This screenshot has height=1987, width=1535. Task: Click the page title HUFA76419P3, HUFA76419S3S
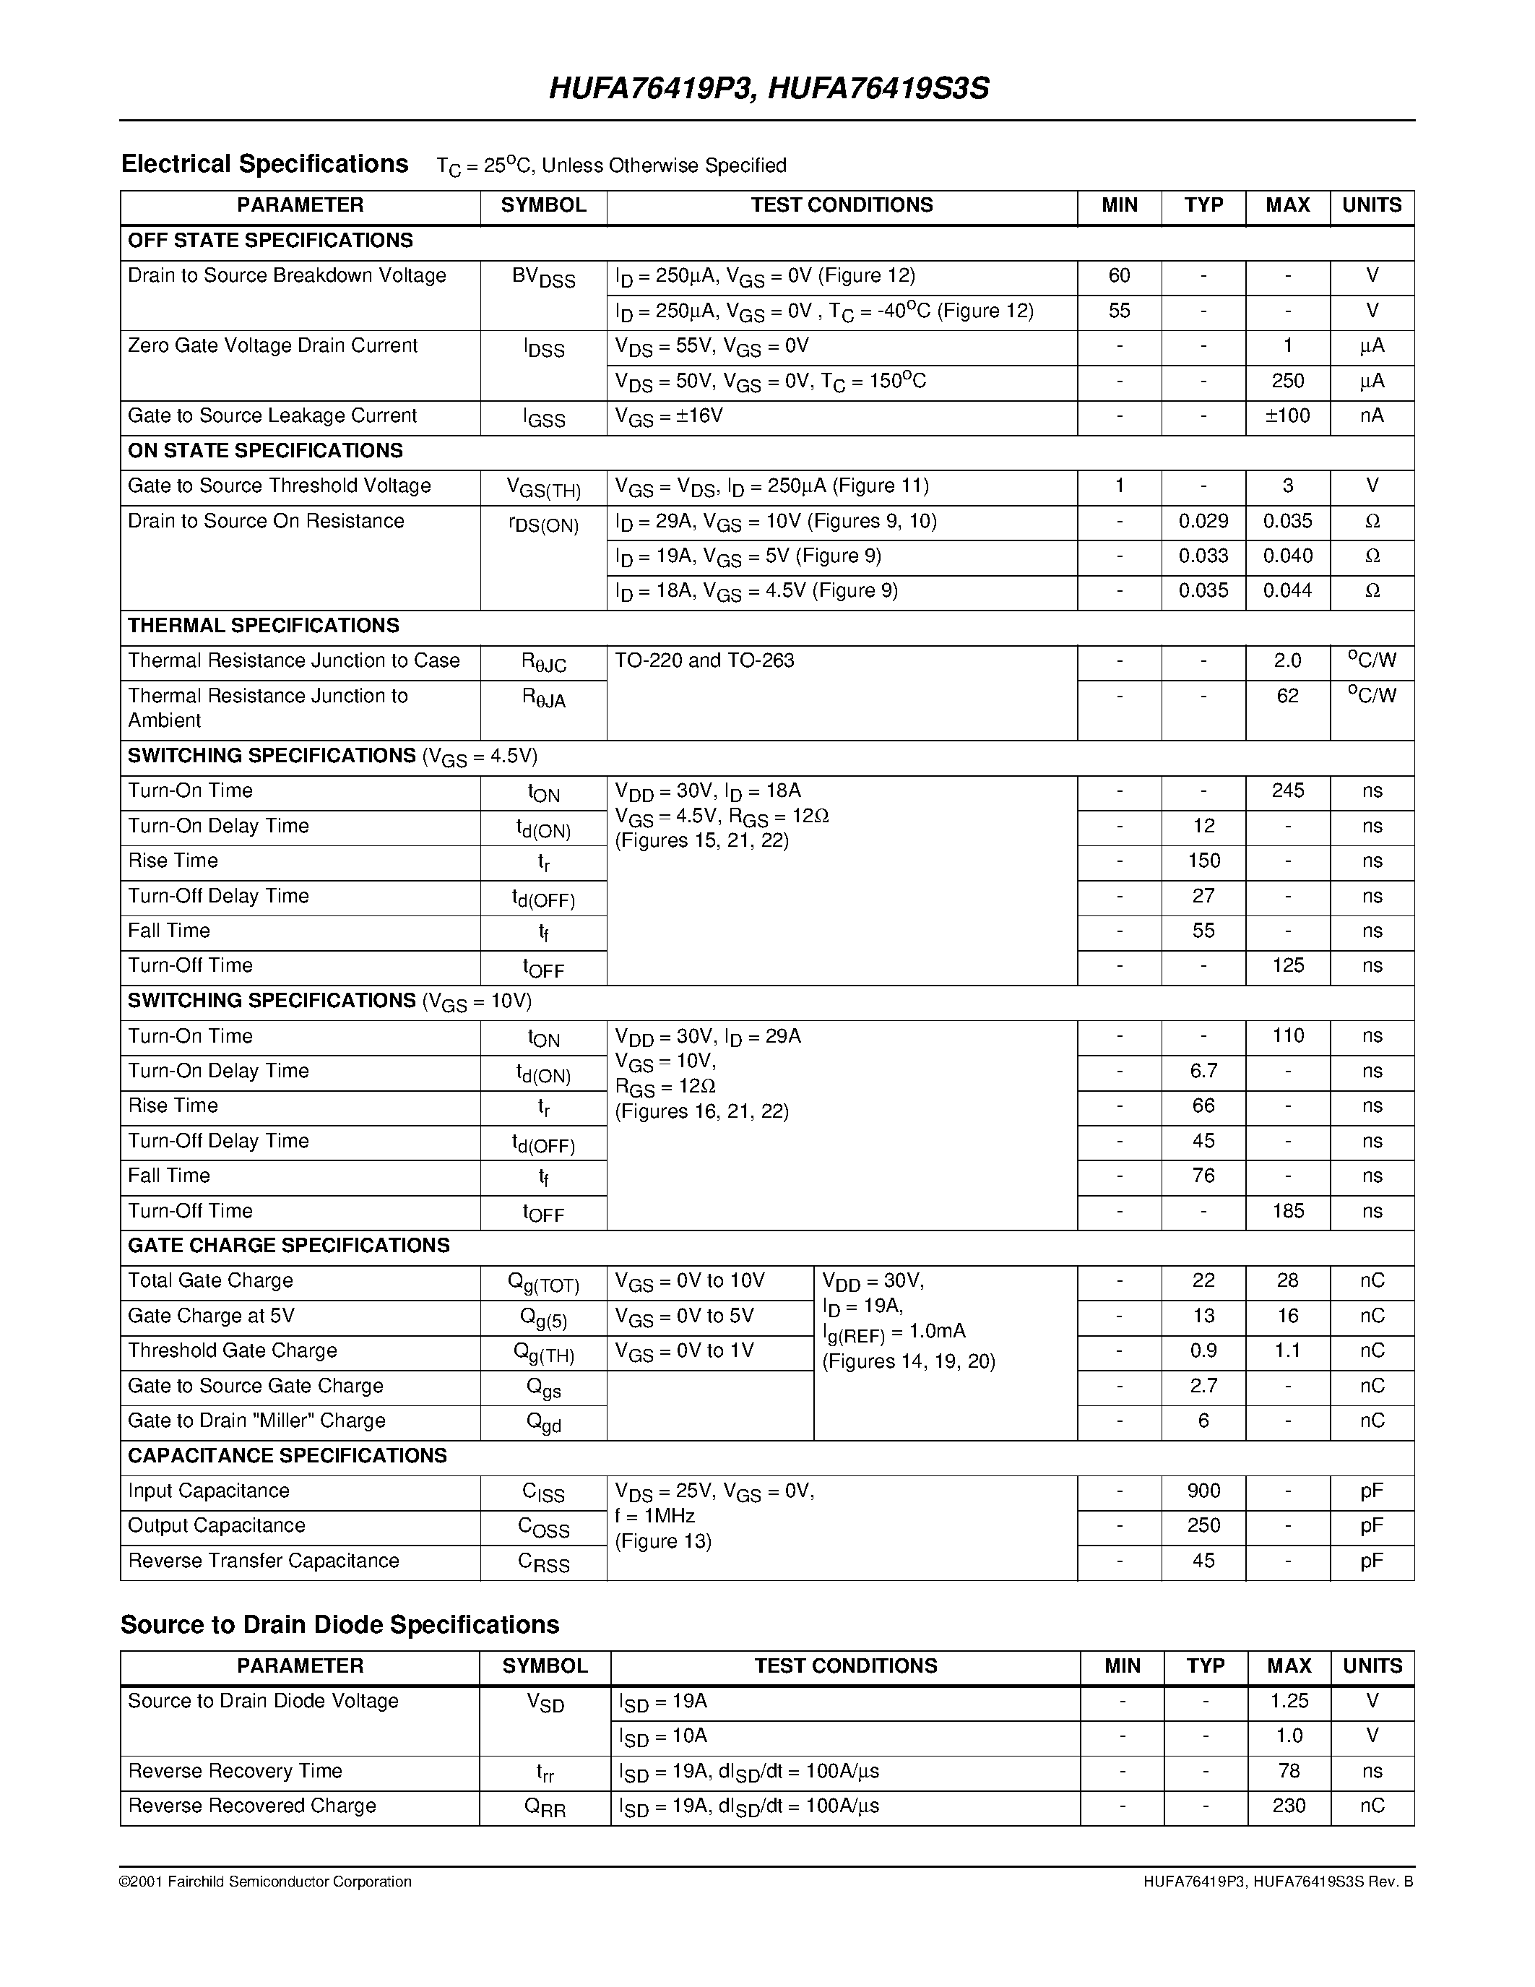coord(769,89)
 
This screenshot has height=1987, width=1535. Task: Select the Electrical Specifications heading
coord(264,165)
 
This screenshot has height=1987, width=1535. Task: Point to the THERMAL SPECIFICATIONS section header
coord(264,626)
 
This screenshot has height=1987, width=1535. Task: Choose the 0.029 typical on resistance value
coord(1203,521)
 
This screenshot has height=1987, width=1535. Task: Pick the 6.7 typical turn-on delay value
coord(1203,1071)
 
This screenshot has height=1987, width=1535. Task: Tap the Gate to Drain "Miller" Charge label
coord(256,1421)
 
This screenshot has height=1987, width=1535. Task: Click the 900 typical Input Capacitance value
coord(1203,1491)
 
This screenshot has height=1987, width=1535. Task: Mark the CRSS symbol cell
coord(543,1562)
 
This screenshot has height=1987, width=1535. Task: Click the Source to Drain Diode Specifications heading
coord(340,1625)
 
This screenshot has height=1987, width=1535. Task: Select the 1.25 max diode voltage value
coord(1289,1702)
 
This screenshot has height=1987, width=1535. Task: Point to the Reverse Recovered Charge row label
coord(252,1806)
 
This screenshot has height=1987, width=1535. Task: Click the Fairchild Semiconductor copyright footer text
coord(266,1882)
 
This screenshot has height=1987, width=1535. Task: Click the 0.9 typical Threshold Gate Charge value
coord(1203,1351)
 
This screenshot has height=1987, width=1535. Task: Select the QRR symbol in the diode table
coord(545,1808)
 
